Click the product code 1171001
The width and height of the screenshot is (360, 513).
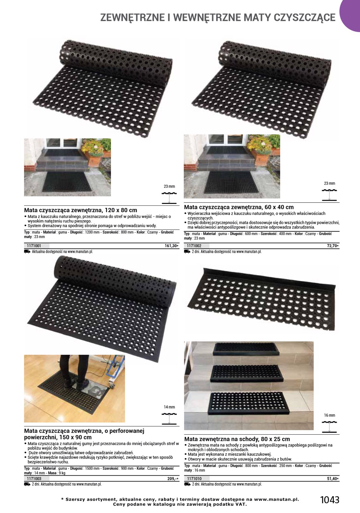tap(34, 246)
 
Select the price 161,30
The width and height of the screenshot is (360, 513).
tap(171, 246)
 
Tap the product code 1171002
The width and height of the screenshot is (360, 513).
tap(194, 246)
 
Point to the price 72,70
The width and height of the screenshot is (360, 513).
tap(333, 246)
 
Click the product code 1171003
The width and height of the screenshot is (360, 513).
tap(34, 479)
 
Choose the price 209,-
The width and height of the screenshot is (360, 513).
tap(173, 479)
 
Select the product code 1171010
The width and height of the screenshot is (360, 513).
tap(194, 479)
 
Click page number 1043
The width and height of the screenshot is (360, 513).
tap(330, 500)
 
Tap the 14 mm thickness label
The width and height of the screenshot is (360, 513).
tap(169, 407)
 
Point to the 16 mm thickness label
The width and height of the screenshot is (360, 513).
tap(330, 415)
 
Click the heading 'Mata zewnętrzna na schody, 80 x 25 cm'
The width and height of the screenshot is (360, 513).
tap(237, 439)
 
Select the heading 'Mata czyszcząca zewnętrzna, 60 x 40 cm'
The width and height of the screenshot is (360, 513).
tap(239, 207)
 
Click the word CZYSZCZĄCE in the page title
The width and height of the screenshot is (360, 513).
tap(305, 18)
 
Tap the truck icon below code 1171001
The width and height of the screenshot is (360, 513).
tap(27, 252)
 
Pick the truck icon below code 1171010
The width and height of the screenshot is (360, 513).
tap(187, 484)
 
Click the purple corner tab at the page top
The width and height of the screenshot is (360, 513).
tap(351, 15)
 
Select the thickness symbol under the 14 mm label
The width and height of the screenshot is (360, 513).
tap(169, 419)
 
